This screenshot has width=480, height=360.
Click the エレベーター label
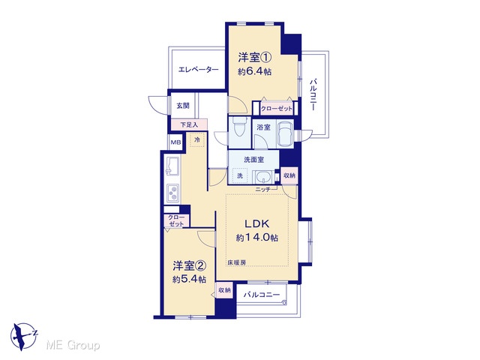[x=198, y=70]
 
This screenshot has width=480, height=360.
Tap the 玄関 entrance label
[x=183, y=106]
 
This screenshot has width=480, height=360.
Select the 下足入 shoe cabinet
[x=189, y=124]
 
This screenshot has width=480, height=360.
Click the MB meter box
[x=175, y=142]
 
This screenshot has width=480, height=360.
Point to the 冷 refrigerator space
[x=197, y=139]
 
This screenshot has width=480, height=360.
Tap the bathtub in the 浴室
[x=285, y=133]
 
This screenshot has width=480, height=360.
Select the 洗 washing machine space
[x=240, y=175]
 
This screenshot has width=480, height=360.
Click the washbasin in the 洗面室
[x=263, y=177]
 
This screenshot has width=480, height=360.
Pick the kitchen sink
[x=172, y=166]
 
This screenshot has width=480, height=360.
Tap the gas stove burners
[x=173, y=192]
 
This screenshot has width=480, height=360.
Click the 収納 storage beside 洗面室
[x=289, y=175]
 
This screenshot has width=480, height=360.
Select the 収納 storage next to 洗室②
[x=224, y=290]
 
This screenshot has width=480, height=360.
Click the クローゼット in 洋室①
[x=277, y=108]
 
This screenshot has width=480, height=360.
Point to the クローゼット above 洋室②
[x=176, y=220]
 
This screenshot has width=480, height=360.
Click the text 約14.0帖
[x=256, y=238]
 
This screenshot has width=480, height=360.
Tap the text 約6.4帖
[x=255, y=72]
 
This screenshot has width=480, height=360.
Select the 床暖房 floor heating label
[x=236, y=262]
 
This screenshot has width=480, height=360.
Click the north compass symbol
[x=23, y=336]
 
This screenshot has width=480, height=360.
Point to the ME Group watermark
[x=73, y=346]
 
